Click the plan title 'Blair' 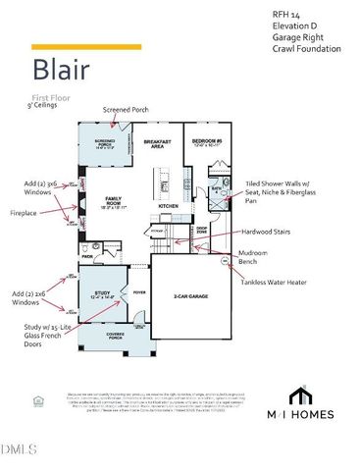coord(62,71)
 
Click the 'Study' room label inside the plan coord(101,291)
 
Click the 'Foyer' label coord(138,291)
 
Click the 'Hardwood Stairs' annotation coord(273,232)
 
